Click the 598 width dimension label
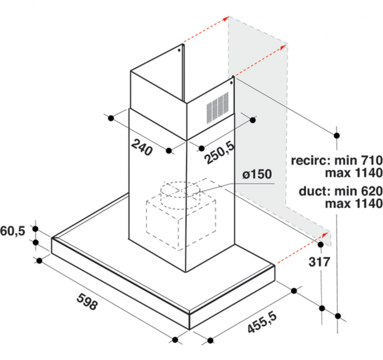87,302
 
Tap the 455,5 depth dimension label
262,322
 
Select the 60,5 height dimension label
13,231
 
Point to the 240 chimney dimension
141,147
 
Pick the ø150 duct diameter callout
257,174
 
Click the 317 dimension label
319,262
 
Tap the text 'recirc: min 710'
336,161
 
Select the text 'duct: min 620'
340,191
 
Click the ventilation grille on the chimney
218,108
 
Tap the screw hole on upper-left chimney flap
179,50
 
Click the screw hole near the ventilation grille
231,83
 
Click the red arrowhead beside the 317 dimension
325,235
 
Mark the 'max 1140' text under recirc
354,173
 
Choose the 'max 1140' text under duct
354,203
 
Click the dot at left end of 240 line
111,118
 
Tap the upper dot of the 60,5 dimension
36,229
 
